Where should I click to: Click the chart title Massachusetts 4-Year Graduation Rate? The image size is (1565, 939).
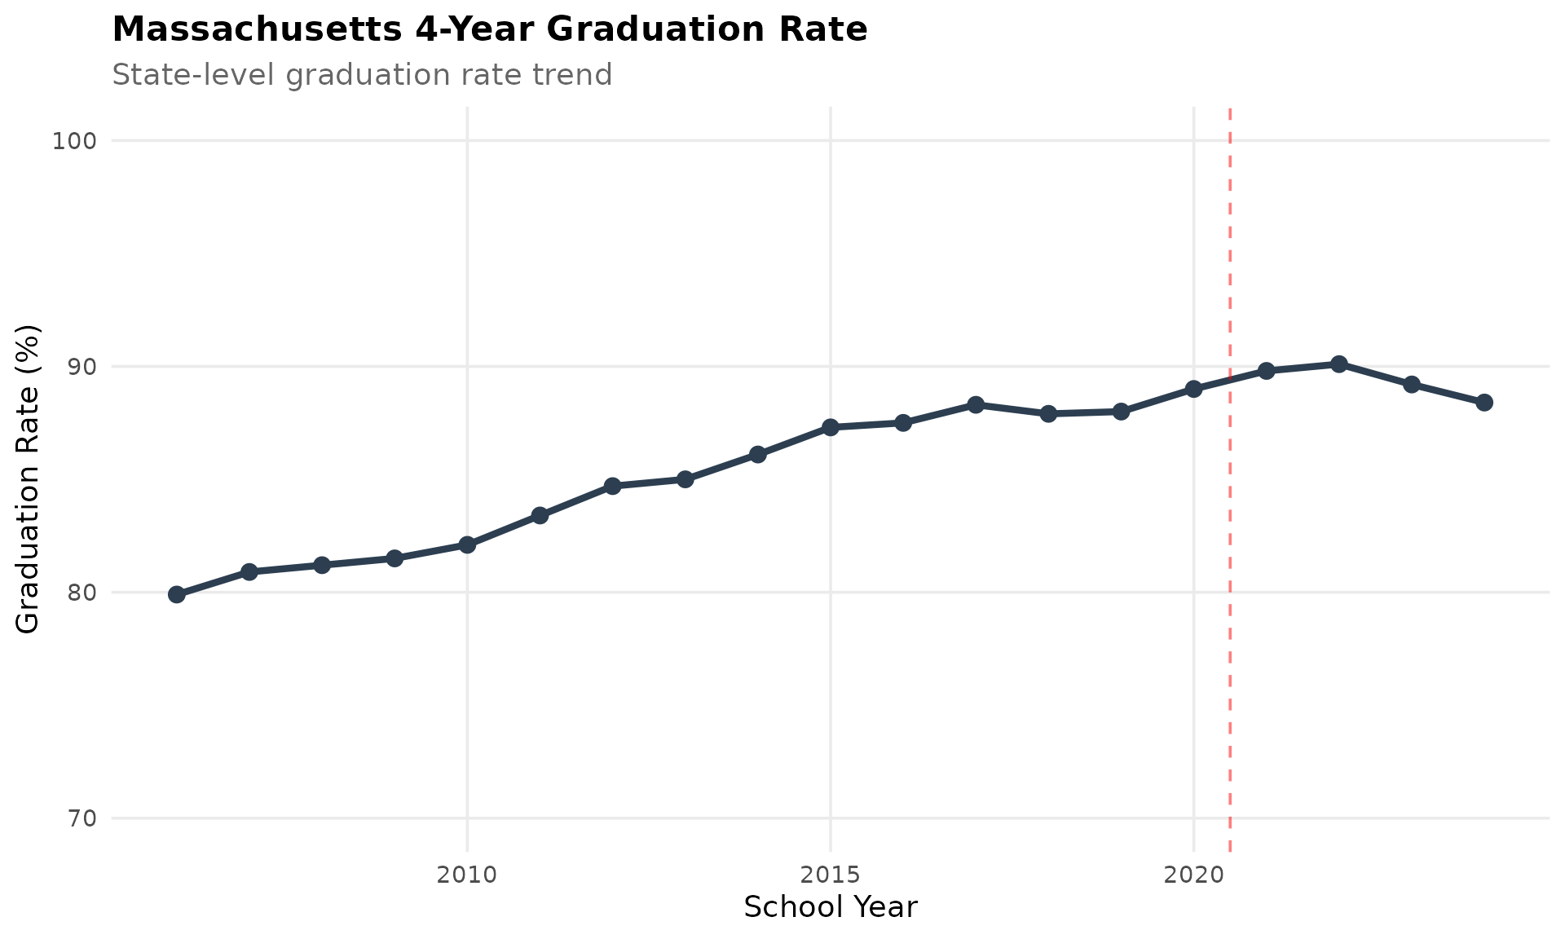point(489,30)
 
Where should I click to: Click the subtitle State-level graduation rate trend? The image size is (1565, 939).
point(362,75)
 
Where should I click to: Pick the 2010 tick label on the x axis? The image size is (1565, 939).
point(467,875)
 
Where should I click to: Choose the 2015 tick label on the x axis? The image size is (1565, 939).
point(831,875)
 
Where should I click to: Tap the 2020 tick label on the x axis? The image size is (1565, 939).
point(1193,875)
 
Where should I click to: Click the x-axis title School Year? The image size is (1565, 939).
point(831,907)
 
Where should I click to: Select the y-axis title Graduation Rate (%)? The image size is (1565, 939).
point(28,479)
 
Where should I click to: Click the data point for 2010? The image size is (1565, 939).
point(467,544)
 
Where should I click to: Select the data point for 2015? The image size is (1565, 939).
point(831,427)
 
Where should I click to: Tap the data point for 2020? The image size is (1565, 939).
point(1193,389)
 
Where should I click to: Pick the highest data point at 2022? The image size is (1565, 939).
point(1338,364)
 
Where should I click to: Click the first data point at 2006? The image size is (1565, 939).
point(177,594)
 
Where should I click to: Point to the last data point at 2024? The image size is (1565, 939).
point(1484,403)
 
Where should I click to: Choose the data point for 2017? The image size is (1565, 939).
point(976,404)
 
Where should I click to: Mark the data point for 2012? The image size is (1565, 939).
point(613,486)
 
